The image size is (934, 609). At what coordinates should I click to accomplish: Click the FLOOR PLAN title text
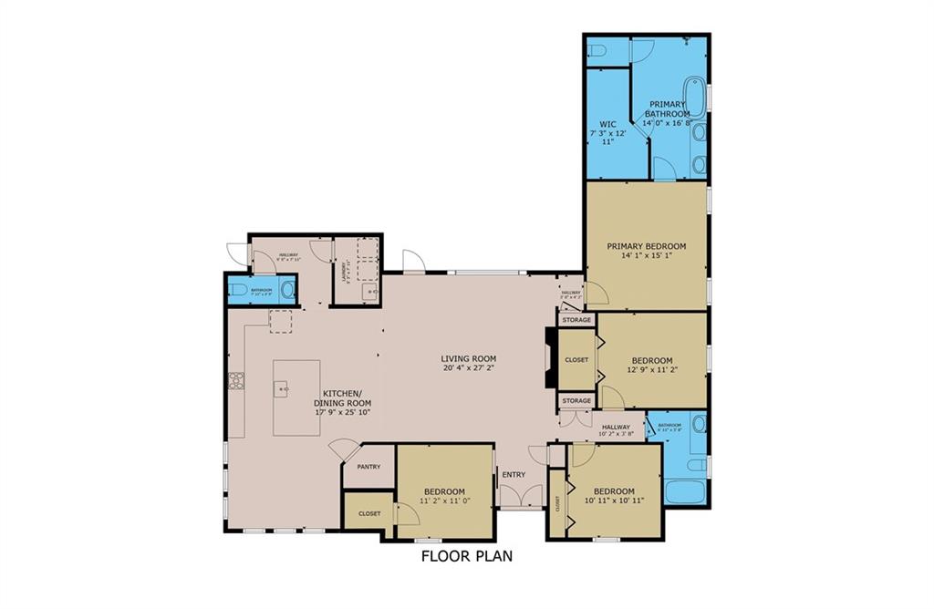(x=466, y=555)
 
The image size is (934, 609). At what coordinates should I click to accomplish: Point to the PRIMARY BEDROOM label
(x=647, y=246)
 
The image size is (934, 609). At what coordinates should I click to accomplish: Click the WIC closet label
(x=608, y=124)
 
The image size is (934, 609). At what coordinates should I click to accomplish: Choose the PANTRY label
(x=368, y=466)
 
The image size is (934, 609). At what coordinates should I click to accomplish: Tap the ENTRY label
(x=514, y=474)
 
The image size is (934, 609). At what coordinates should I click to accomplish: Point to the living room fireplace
(x=549, y=358)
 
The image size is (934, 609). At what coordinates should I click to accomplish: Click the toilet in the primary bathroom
(x=598, y=50)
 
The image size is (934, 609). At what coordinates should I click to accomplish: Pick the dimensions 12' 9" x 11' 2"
(x=652, y=370)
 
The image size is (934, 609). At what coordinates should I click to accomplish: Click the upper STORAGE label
(x=576, y=320)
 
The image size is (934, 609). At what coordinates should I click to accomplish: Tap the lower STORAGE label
(x=576, y=400)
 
